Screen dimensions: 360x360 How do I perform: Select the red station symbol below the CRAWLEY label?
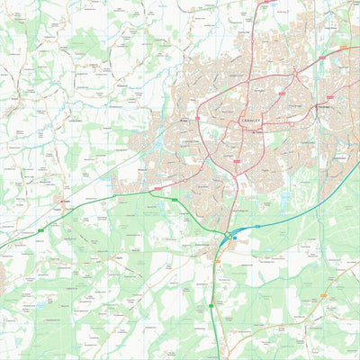243,128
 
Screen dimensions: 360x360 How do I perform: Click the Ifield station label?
183,117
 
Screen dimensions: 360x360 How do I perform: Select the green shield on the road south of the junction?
212,306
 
